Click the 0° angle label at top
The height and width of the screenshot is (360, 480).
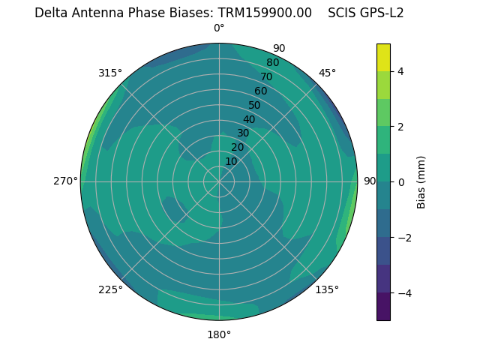(x=219, y=28)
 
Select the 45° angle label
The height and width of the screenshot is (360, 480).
(x=327, y=73)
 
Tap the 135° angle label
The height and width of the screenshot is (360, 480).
(x=327, y=289)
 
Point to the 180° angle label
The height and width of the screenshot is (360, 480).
(x=219, y=334)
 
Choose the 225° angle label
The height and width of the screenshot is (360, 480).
(x=110, y=289)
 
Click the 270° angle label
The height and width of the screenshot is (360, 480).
(x=66, y=181)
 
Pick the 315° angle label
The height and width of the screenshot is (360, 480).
(x=110, y=73)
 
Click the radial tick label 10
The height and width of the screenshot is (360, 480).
(x=231, y=161)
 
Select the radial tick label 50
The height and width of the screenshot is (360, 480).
(x=254, y=105)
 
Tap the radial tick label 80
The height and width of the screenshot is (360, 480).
(x=272, y=63)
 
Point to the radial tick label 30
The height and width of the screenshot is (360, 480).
(x=243, y=133)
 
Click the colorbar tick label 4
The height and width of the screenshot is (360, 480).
(x=400, y=71)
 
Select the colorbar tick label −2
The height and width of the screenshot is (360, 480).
(x=403, y=238)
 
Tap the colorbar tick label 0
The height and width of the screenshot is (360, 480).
(x=400, y=182)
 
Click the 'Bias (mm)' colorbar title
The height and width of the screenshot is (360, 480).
(x=421, y=181)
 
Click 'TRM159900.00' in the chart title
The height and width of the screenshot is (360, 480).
(x=265, y=13)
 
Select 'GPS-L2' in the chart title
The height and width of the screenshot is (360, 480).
(x=382, y=13)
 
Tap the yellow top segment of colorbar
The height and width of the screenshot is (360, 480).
(x=383, y=58)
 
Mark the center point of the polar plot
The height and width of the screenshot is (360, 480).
(x=219, y=181)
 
